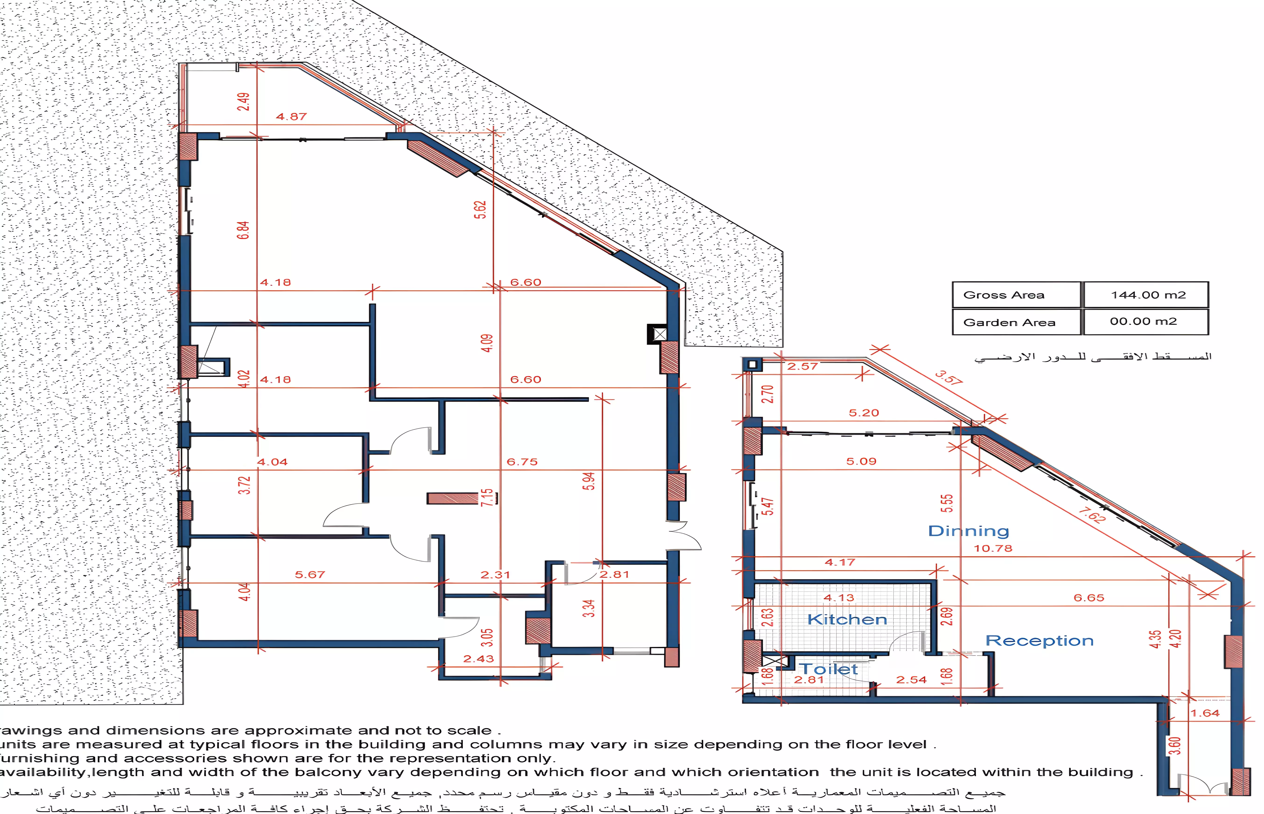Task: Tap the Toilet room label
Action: point(828,669)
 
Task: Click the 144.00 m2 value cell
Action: point(1148,295)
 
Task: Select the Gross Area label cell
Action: point(1004,295)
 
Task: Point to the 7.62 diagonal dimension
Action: point(1092,515)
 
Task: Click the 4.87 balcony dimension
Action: point(291,117)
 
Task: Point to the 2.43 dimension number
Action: point(478,659)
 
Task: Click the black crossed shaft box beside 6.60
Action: point(660,334)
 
